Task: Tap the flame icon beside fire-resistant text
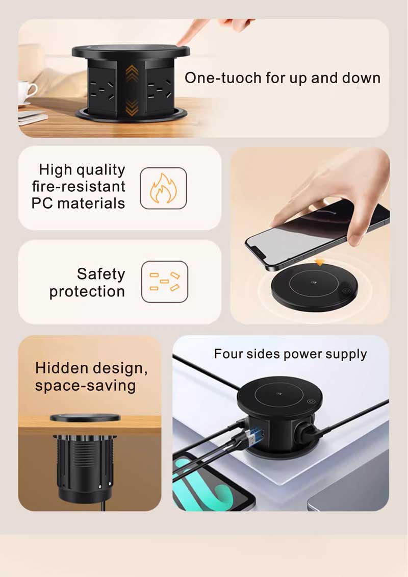point(163,188)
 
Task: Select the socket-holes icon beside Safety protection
point(164,282)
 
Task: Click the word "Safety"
point(101,274)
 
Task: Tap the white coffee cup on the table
point(27,92)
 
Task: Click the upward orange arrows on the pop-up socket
point(132,75)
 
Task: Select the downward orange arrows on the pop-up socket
point(132,107)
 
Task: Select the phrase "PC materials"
point(78,203)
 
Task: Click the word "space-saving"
point(85,385)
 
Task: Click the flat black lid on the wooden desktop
point(85,418)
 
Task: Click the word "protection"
point(87,292)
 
